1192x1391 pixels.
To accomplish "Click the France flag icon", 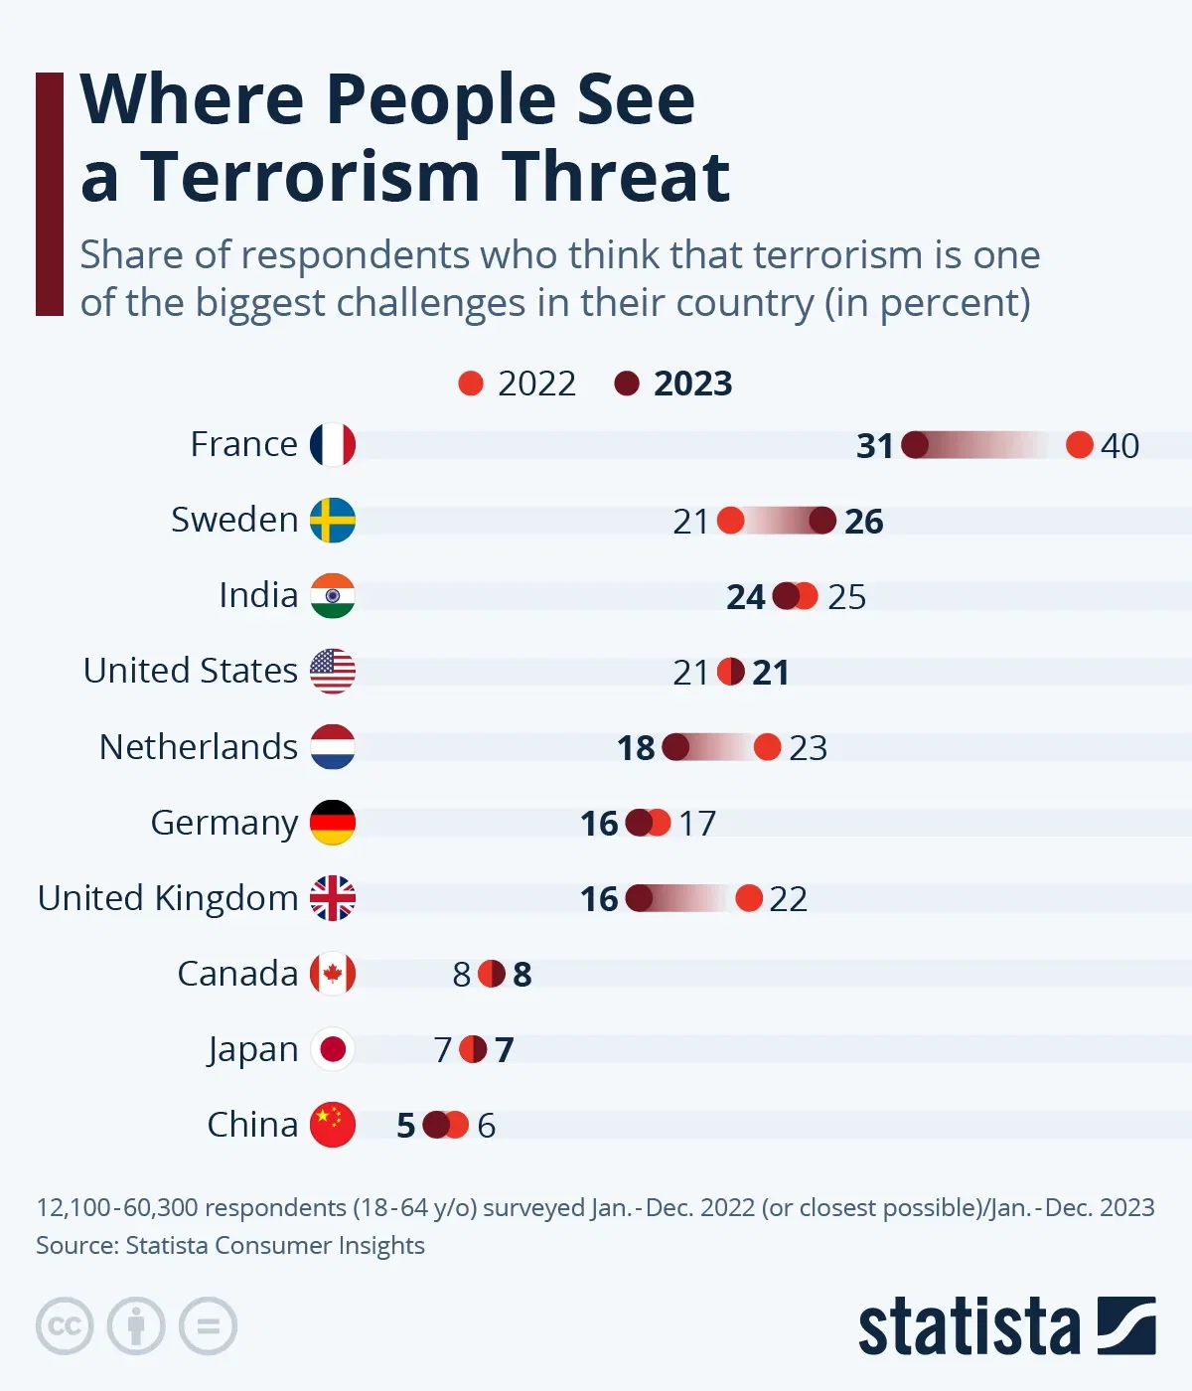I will (332, 444).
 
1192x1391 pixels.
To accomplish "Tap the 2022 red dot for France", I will (1079, 445).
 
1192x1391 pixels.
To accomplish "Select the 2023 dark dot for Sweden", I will (822, 521).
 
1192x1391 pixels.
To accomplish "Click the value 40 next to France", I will (1119, 446).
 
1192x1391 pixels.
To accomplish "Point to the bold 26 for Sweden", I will (863, 522).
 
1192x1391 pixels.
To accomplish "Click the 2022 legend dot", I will (471, 384).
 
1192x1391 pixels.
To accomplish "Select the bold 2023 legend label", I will (692, 384).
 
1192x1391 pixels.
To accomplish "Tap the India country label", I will (258, 595).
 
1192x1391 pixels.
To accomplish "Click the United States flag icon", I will (332, 671).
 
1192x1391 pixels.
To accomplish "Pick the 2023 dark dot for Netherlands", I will (675, 747).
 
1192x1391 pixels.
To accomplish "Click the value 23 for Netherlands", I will (808, 748).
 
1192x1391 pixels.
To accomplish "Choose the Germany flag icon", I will (332, 823).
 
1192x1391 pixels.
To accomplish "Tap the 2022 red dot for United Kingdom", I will (749, 898).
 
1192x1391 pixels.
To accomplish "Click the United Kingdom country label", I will (168, 898).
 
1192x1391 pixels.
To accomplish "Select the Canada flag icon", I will (332, 974).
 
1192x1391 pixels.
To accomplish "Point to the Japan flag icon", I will (332, 1049).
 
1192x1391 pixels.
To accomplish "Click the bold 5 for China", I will (405, 1126).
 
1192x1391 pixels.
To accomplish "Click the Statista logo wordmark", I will (968, 1326).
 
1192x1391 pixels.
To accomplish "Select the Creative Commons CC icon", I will (65, 1326).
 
